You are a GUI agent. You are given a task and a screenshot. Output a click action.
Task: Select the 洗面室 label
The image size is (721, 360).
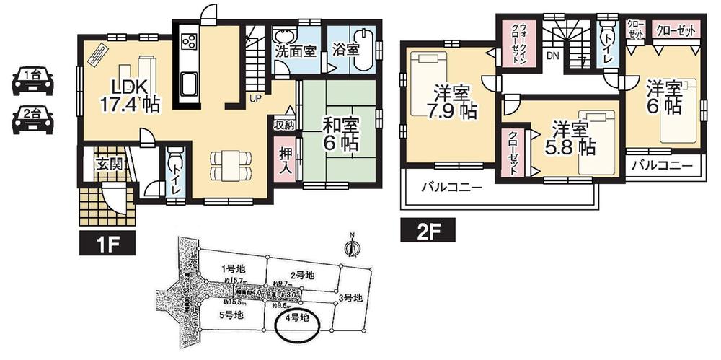pos(293,51)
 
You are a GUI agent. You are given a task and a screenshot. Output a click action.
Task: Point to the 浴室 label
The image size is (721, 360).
pos(346,51)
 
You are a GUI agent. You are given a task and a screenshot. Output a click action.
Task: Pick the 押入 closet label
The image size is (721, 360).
pos(284,162)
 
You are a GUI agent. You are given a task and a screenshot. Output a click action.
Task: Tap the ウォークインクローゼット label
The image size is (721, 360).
pos(516,44)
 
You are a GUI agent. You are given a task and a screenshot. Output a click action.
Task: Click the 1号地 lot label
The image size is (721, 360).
pos(229,268)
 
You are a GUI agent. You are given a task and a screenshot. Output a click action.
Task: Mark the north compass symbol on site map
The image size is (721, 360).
pos(352,247)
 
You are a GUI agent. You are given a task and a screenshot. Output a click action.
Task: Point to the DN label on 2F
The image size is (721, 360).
pos(552,55)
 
